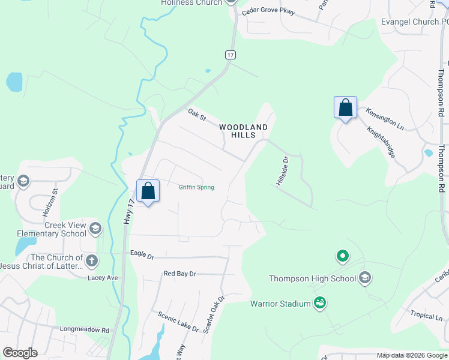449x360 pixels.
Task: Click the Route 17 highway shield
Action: pyautogui.click(x=230, y=55)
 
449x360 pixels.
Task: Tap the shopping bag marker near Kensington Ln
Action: pyautogui.click(x=345, y=108)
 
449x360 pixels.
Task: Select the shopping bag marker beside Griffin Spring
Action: pyautogui.click(x=148, y=192)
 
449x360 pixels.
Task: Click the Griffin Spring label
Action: pyautogui.click(x=196, y=187)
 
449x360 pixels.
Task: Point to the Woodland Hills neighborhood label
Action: pyautogui.click(x=243, y=131)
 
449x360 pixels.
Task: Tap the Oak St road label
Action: pyautogui.click(x=197, y=115)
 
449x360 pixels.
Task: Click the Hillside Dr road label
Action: pyautogui.click(x=283, y=171)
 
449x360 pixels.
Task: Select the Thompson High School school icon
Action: pyautogui.click(x=365, y=278)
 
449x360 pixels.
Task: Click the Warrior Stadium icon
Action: pyautogui.click(x=320, y=304)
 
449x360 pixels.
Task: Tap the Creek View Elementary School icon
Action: pyautogui.click(x=95, y=228)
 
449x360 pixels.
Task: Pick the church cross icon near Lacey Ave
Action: pyautogui.click(x=91, y=260)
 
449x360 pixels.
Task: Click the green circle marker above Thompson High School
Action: pyautogui.click(x=342, y=256)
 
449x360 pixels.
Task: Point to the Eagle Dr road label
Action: pyautogui.click(x=142, y=255)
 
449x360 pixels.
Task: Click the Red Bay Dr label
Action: pyautogui.click(x=180, y=274)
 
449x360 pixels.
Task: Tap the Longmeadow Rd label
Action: pyautogui.click(x=85, y=329)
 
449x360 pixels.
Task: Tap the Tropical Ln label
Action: pyautogui.click(x=426, y=315)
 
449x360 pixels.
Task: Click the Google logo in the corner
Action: pyautogui.click(x=20, y=353)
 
